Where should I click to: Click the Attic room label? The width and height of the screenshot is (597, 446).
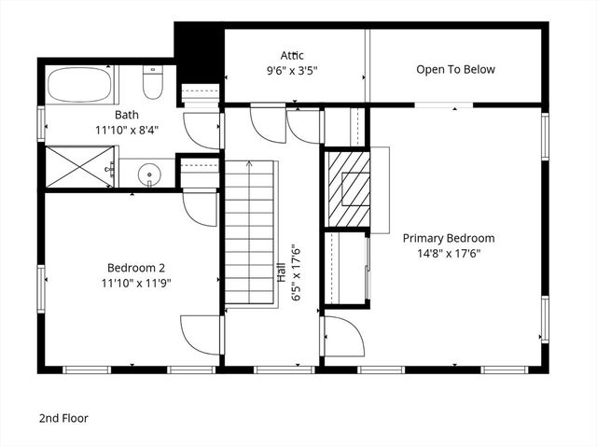292,55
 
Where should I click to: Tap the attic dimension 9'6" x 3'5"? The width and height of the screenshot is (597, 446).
292,69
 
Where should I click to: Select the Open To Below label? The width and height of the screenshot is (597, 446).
455,69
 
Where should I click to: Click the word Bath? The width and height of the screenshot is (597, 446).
127,116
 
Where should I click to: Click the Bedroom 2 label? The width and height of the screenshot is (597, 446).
137,267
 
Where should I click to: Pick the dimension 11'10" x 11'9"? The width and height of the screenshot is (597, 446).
137,282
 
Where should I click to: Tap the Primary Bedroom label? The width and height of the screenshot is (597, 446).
449,238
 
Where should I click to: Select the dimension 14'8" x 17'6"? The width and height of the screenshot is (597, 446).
449,253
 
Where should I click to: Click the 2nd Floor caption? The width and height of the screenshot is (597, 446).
63,419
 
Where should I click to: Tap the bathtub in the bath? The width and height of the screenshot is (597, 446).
79,84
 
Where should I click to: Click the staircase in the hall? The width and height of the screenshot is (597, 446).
250,233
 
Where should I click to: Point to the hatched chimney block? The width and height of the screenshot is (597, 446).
348,188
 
